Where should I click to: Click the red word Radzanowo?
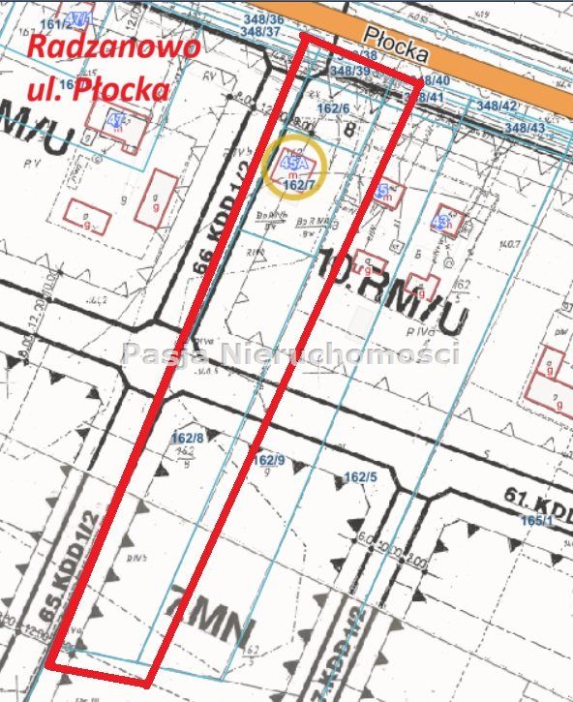coord(113,47)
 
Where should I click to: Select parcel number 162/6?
coord(333,108)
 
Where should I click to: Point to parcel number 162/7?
coord(300,184)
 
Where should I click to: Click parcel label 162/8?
coord(188,439)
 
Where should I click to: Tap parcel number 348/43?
coord(526,128)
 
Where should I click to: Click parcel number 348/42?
coord(497,107)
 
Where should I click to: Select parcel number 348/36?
coord(261,18)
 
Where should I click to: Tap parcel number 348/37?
coord(261,32)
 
